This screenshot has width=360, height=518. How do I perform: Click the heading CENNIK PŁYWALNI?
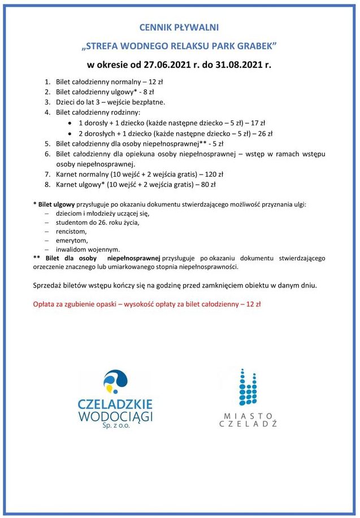click(x=179, y=27)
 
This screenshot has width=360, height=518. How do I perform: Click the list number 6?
click(x=47, y=154)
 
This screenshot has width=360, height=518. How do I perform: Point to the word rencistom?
click(x=71, y=232)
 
